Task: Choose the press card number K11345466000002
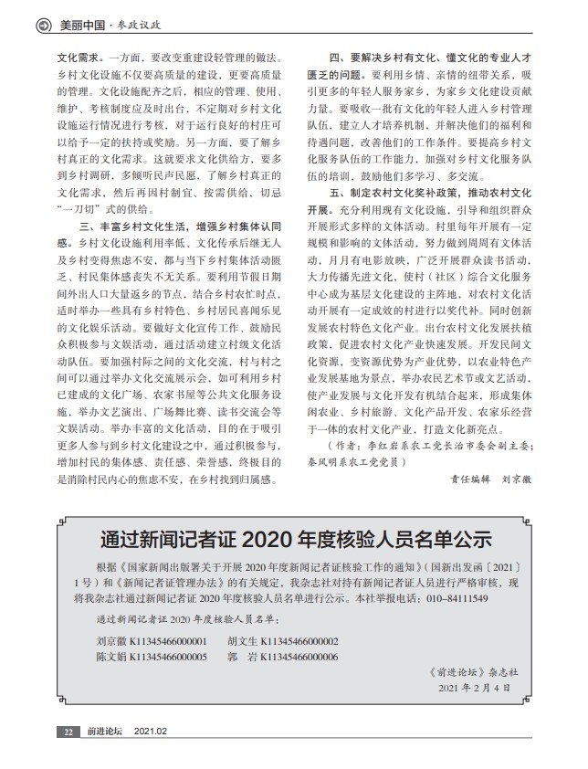pyautogui.click(x=299, y=641)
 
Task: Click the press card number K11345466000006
pyautogui.click(x=299, y=657)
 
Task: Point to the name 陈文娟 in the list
pyautogui.click(x=111, y=657)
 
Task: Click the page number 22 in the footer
pyautogui.click(x=68, y=732)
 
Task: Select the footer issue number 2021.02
pyautogui.click(x=151, y=732)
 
